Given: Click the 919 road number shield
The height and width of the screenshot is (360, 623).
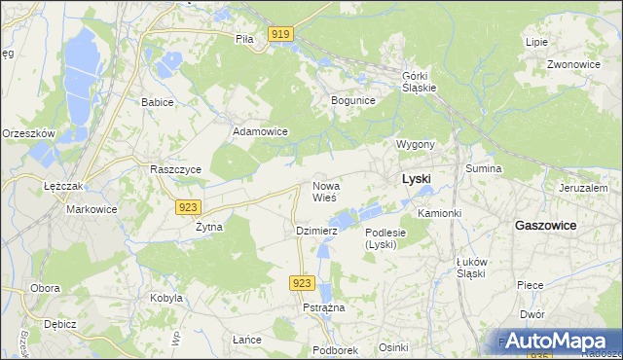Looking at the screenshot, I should pos(280,35).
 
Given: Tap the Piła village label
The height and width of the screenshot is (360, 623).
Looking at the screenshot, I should pos(244,40).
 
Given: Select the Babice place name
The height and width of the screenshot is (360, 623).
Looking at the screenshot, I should pos(157,102).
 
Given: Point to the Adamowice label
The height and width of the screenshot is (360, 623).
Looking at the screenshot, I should pos(259,130).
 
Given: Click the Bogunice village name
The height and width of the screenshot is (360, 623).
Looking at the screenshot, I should pos(353,100).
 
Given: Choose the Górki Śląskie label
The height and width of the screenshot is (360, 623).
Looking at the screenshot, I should pos(420,81).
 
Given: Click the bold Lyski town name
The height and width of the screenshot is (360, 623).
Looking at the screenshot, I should pos(417,179).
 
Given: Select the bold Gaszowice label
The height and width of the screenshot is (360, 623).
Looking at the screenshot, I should pos(545,225).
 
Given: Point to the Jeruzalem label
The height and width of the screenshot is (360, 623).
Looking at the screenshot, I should pos(583,188).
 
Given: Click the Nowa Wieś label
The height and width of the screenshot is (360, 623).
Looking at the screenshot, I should pos(325,191).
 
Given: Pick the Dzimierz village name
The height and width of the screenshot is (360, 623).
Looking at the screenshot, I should pos(316,231).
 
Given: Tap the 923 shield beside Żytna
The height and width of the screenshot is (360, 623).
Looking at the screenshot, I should pos(190,206).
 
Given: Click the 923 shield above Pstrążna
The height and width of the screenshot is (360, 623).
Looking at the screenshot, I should pos(302,282).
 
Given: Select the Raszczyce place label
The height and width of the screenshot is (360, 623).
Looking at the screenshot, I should pos(175,168).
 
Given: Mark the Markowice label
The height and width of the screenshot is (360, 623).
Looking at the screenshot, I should pos(91,209).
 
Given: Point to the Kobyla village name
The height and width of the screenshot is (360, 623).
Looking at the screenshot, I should pos(165,298).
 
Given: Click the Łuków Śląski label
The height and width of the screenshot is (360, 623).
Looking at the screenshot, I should pos(471,268).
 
